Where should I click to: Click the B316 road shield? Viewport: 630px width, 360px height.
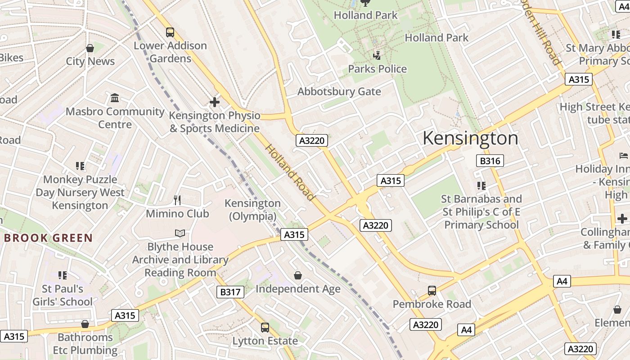(490, 161)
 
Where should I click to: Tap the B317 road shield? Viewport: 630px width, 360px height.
(230, 292)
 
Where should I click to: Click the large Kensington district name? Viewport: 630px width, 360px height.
(470, 138)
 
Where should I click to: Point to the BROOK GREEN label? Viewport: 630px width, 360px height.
(48, 238)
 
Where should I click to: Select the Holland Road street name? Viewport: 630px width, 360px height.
(290, 172)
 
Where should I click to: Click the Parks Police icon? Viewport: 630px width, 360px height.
(377, 56)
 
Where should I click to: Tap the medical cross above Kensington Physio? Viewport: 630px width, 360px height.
(215, 102)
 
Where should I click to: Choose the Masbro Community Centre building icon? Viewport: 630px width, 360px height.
(115, 98)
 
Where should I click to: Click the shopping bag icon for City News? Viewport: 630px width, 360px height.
(90, 48)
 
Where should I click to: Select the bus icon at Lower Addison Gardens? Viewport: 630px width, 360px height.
(170, 32)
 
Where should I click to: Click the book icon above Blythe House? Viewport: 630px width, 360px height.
(180, 233)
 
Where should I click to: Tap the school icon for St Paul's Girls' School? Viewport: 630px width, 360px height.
(63, 275)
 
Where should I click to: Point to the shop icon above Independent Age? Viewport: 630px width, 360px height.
(297, 275)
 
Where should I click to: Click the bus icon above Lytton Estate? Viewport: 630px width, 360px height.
(265, 327)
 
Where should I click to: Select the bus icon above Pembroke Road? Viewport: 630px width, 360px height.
(432, 291)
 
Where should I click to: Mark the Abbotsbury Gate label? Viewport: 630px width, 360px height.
(339, 92)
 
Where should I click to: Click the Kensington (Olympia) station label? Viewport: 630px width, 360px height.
(252, 210)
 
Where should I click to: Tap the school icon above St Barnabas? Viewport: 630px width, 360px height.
(481, 185)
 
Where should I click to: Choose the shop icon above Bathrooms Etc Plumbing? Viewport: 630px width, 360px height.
(85, 324)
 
